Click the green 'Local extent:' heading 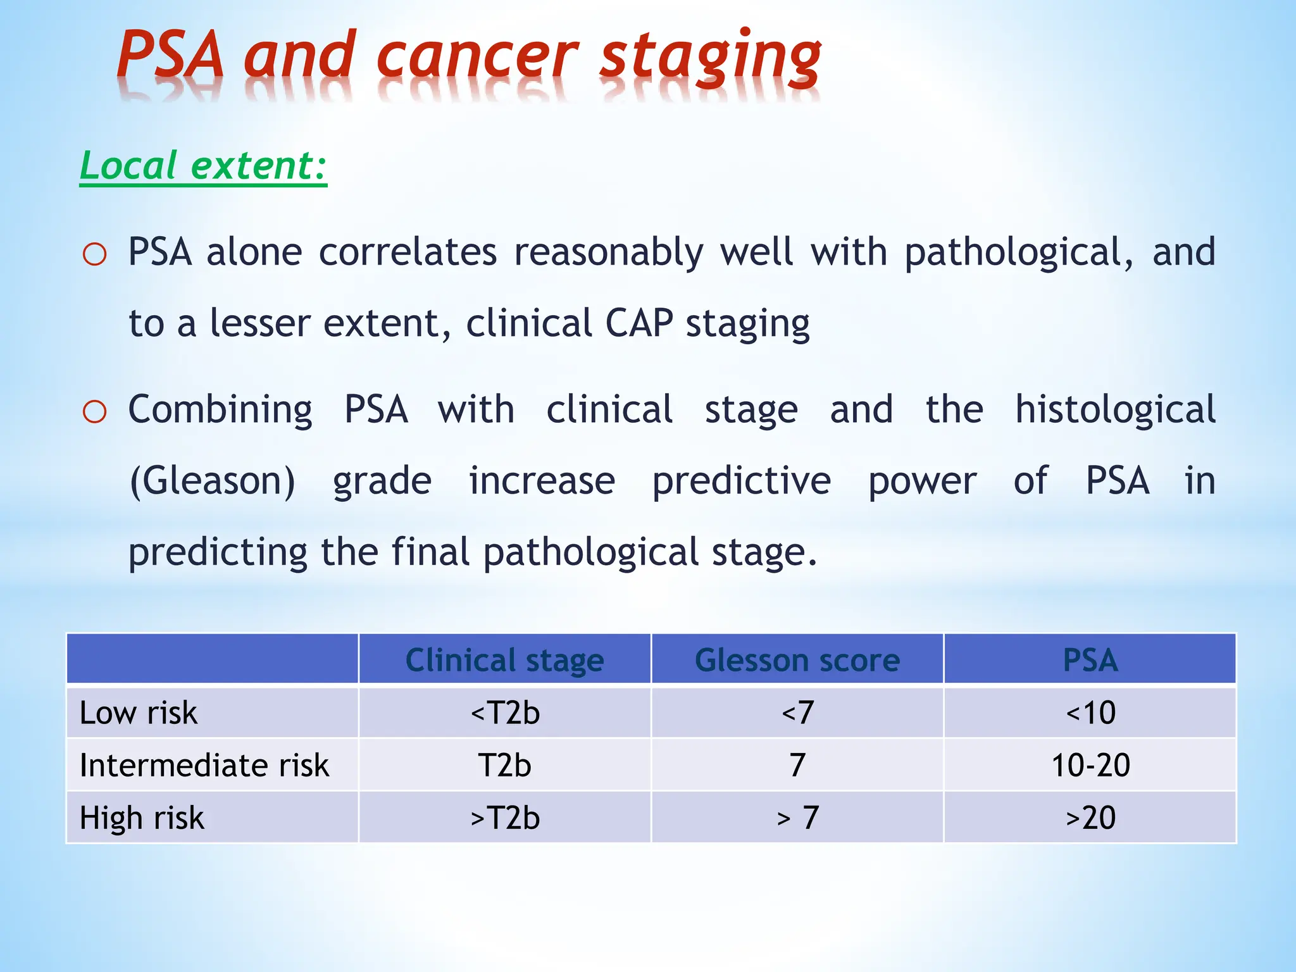(203, 166)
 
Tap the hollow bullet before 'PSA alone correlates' (94, 255)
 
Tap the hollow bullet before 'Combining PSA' (94, 413)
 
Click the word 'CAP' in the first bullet (639, 323)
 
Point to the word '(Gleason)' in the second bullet (212, 481)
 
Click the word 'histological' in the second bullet (1115, 409)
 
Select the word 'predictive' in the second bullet (741, 481)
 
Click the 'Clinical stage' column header (504, 660)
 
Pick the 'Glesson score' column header (797, 660)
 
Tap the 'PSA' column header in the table (1090, 660)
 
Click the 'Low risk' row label (139, 713)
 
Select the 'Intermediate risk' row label (204, 766)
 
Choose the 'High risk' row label (142, 818)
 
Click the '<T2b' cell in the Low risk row (504, 713)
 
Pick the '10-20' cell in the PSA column (1090, 766)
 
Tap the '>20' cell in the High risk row (1090, 818)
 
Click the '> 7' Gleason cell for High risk (797, 818)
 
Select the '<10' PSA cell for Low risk (1090, 713)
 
